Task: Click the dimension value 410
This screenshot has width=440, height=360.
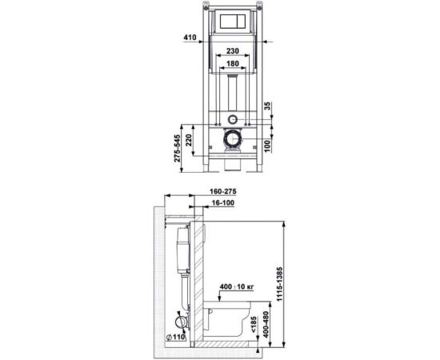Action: coord(189,37)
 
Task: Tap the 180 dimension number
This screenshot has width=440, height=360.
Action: coord(232,64)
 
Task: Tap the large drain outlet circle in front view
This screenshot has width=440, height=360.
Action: coord(232,140)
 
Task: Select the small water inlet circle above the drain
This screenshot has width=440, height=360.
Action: coord(232,119)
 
